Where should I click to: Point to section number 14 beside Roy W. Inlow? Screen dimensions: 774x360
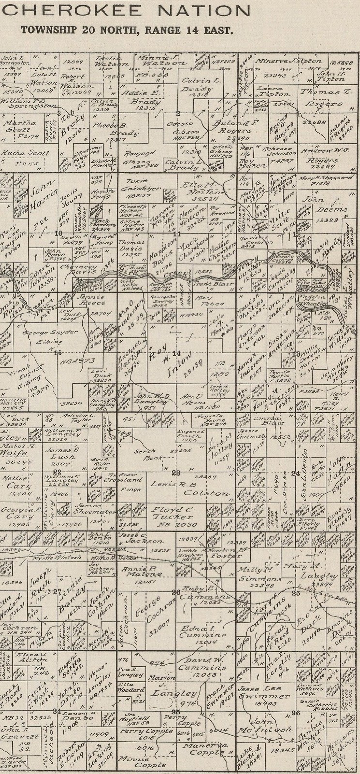tap(177, 353)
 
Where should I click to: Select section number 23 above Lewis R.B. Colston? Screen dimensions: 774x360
tap(176, 473)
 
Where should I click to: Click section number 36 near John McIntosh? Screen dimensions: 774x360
tap(296, 713)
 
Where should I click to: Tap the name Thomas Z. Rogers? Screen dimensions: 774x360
tap(322, 98)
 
